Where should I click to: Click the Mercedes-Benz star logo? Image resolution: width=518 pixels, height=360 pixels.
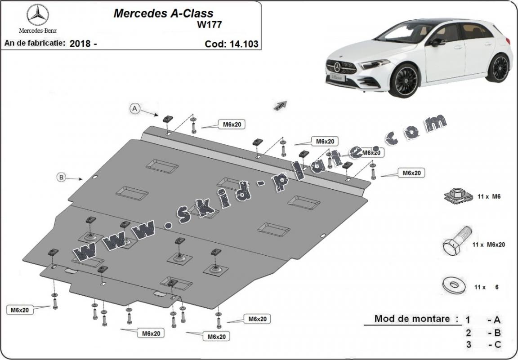click(x=38, y=15)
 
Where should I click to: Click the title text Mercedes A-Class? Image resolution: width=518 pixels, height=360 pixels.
click(x=163, y=13)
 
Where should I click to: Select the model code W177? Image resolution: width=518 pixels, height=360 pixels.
click(x=208, y=25)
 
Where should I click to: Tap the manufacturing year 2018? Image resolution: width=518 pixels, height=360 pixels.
click(x=80, y=44)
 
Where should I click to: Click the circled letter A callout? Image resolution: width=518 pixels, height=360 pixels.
click(x=134, y=108)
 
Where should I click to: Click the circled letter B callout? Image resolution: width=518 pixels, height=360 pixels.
click(x=61, y=177)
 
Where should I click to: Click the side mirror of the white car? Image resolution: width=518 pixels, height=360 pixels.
click(x=436, y=42)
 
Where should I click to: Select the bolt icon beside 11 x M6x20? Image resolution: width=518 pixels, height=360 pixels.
click(x=455, y=242)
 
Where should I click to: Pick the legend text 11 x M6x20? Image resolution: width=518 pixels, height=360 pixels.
click(x=489, y=244)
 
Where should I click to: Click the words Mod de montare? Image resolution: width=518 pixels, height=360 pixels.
click(x=412, y=319)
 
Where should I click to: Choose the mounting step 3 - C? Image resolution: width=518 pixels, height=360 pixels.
click(x=483, y=345)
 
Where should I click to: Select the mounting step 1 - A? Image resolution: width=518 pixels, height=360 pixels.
click(x=483, y=320)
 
